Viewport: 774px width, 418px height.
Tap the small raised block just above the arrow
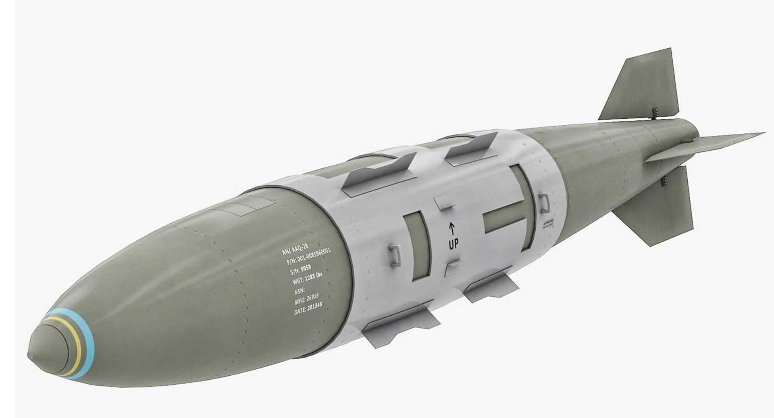tap(444, 203)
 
